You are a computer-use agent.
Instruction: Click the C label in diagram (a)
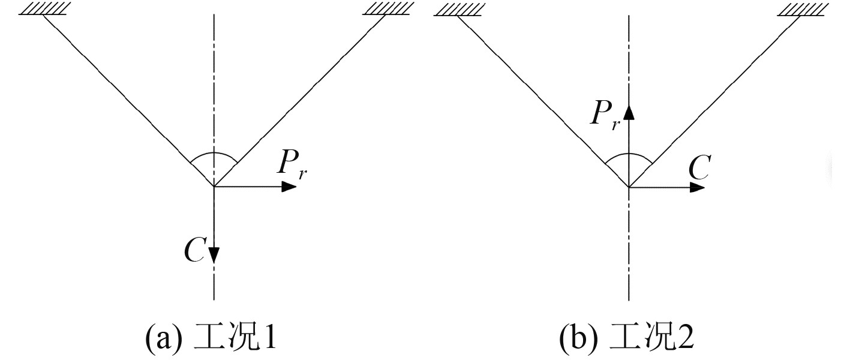coord(196,252)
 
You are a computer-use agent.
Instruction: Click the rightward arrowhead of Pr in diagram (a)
coord(290,187)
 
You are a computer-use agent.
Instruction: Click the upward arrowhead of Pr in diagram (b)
coord(629,111)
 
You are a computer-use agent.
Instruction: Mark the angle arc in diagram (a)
coord(214,154)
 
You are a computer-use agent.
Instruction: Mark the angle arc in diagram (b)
coord(629,154)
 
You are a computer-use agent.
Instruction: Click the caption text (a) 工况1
coord(211,340)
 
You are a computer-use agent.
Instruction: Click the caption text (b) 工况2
coord(627,340)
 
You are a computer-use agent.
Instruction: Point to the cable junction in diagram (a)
coord(214,187)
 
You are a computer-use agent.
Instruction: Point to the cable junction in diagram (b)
coord(629,187)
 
